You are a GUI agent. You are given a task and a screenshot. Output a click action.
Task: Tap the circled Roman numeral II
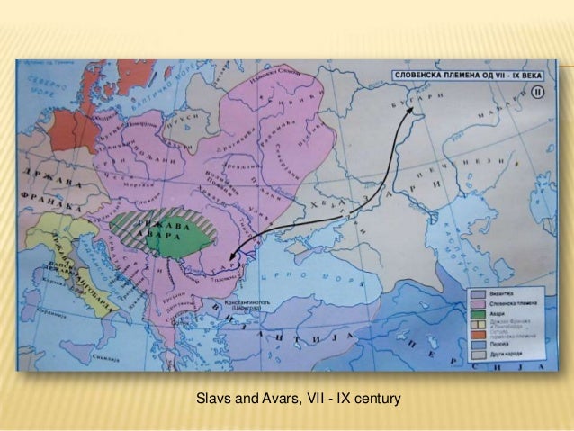(536, 91)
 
